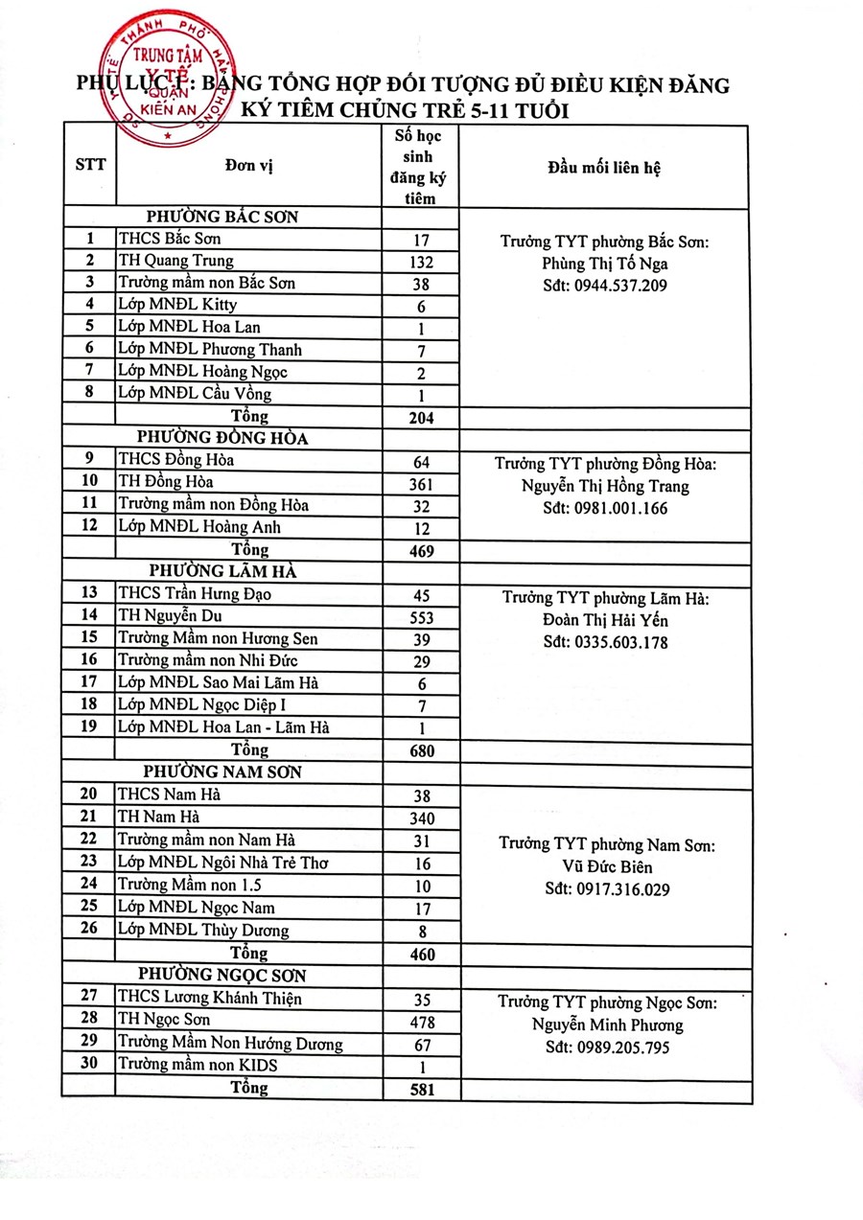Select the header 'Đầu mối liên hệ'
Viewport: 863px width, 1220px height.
click(x=603, y=166)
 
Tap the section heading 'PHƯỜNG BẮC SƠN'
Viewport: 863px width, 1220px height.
click(x=222, y=217)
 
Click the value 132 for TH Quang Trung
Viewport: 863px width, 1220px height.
click(x=420, y=262)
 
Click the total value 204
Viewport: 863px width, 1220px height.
click(x=420, y=418)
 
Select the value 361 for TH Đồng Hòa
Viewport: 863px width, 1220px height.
click(x=420, y=483)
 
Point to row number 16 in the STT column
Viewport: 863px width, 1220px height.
click(x=90, y=660)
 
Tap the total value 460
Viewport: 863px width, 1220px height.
click(x=420, y=955)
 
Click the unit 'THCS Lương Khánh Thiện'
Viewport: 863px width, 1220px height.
click(x=209, y=1000)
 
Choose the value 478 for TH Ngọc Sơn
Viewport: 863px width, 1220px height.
click(x=420, y=1023)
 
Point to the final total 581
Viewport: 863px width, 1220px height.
click(x=420, y=1090)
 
